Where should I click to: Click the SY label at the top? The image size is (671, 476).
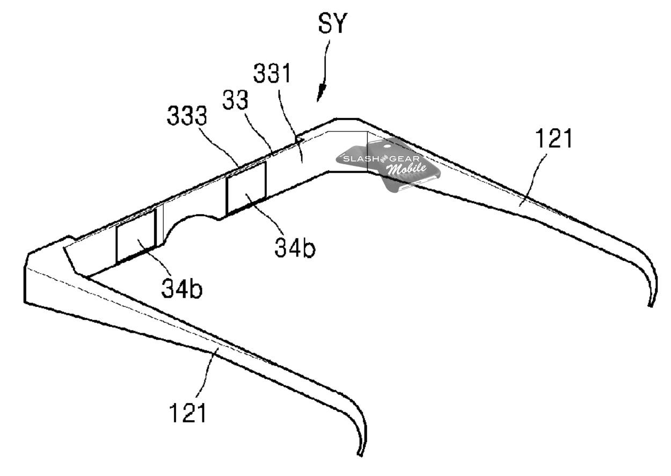click(x=332, y=24)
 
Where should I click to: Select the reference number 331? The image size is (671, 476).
click(x=272, y=74)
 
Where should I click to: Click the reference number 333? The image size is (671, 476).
click(x=187, y=115)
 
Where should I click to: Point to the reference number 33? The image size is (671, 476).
click(x=236, y=100)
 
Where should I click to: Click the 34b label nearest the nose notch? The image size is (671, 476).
click(x=295, y=247)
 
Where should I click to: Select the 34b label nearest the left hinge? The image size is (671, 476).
click(x=182, y=288)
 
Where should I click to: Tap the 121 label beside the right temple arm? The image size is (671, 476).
click(x=553, y=138)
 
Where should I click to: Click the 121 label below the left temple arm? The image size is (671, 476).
click(x=188, y=413)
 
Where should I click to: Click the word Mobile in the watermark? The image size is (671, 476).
click(x=407, y=169)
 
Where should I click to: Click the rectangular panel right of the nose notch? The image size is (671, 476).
click(x=246, y=188)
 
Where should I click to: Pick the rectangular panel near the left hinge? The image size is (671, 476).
click(x=136, y=237)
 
